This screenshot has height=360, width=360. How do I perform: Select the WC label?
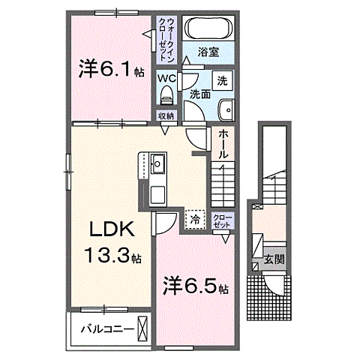click(x=167, y=77)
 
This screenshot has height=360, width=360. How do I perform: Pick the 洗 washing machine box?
click(x=222, y=81)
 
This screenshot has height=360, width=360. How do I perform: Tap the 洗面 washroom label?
click(x=199, y=94)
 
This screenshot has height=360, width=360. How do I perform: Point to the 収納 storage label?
click(x=166, y=115)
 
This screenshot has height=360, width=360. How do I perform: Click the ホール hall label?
click(x=223, y=143)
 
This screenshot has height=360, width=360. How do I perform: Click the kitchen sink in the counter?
click(x=158, y=162)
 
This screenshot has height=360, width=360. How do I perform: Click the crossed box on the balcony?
click(x=143, y=328)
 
